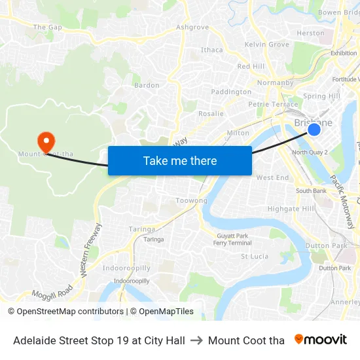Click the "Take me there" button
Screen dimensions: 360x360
coord(180,160)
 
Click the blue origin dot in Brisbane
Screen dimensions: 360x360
coord(314,129)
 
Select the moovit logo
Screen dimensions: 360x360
coord(321,340)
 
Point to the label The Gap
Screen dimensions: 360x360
coord(47,27)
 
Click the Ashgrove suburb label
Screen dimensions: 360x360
coord(192,27)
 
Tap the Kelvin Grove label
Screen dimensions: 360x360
coord(266,45)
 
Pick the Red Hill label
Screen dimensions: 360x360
coord(251,66)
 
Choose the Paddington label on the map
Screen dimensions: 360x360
coord(231,92)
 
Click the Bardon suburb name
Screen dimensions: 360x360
coord(147,85)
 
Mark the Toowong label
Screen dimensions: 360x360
coord(192,201)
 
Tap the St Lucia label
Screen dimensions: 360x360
coord(254,256)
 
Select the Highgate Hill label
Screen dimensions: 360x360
coord(291,209)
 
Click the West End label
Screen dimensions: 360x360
coord(272,177)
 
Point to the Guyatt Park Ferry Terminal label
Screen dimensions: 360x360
coord(232,239)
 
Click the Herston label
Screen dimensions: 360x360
coord(310,33)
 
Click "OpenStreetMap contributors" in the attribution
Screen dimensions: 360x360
coord(70,312)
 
